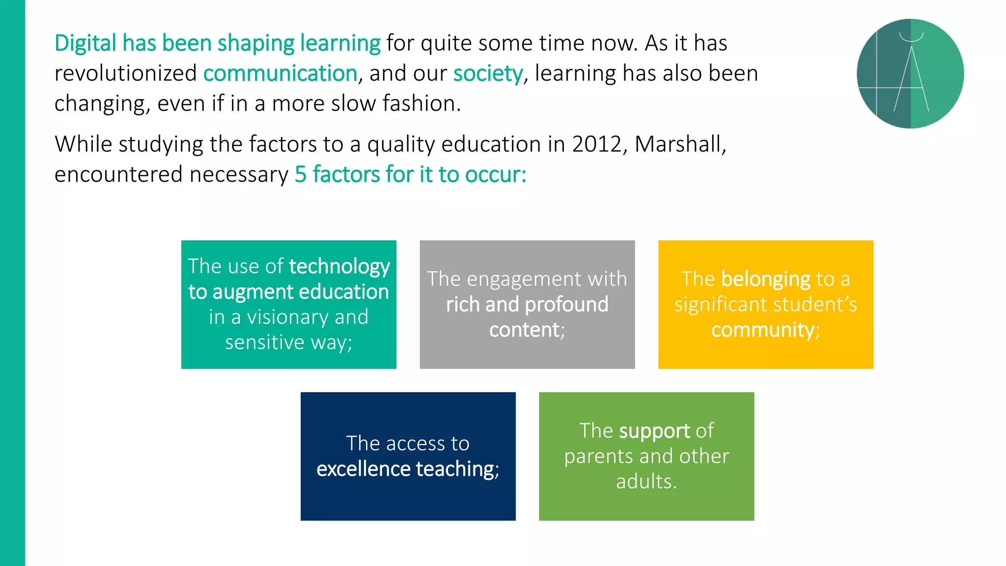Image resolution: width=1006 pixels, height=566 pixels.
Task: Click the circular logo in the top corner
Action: (x=910, y=74)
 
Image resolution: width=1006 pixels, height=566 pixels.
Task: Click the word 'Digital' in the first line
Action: (x=85, y=43)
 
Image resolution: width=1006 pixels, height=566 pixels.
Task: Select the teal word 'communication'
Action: (x=280, y=74)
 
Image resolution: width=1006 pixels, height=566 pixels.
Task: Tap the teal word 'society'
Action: (x=488, y=74)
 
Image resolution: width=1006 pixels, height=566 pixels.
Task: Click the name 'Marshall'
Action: (x=679, y=144)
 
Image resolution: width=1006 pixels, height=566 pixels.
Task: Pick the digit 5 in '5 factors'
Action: (x=300, y=175)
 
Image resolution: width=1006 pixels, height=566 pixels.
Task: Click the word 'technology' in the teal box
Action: (x=339, y=266)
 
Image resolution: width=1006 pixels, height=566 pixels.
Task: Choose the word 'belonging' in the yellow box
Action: (x=765, y=279)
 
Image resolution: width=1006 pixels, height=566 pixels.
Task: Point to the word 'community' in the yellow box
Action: (x=763, y=330)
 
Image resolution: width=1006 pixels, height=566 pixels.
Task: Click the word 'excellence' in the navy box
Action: (x=363, y=469)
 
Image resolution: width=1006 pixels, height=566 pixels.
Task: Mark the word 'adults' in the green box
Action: (x=644, y=481)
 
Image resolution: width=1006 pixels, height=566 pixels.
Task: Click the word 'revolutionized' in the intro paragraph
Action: (x=125, y=74)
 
